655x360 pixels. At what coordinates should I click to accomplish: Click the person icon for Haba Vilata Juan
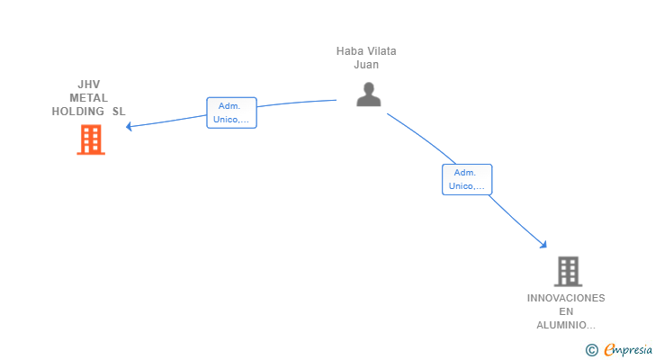tap(368, 94)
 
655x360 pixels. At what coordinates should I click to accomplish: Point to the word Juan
tap(366, 65)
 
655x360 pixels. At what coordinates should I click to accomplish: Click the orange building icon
tap(90, 139)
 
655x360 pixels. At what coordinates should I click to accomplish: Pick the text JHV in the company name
tap(89, 85)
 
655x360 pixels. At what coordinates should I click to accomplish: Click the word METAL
tap(88, 98)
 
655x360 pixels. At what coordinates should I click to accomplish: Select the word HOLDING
tap(78, 112)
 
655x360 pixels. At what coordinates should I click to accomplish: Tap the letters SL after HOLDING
tap(119, 112)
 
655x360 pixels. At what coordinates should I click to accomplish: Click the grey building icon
tap(567, 270)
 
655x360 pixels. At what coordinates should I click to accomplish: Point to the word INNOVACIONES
tap(566, 298)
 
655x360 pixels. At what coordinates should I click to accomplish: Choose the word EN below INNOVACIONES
tap(566, 311)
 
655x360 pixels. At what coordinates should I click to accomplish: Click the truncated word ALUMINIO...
tap(566, 325)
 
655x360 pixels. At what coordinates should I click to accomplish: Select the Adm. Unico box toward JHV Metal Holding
tap(231, 112)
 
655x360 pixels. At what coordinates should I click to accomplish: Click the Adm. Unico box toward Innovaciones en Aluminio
tap(466, 179)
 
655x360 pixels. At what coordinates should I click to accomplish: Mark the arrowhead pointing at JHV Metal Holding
tap(130, 127)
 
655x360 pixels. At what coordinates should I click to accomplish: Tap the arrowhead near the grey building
tap(543, 244)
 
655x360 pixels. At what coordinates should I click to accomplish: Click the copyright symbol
tap(591, 349)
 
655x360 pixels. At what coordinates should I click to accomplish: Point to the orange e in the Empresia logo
tap(609, 350)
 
